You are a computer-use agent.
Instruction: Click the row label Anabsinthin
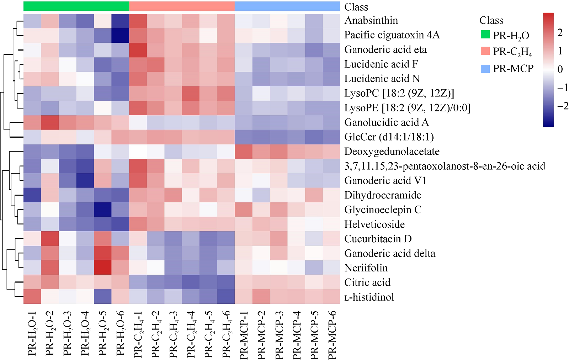coord(371,21)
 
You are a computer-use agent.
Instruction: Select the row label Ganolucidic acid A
coord(386,122)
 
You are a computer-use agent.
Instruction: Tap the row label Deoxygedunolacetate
coord(392,152)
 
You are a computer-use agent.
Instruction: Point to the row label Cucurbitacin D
coord(378,239)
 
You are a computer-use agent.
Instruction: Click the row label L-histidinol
coord(369,297)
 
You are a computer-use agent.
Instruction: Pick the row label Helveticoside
coord(374,224)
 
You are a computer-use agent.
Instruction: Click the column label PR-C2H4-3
coord(173,334)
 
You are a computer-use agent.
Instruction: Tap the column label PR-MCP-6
coord(332,335)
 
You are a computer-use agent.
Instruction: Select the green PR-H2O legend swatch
coord(485,35)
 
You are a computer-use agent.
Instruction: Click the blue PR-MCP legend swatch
coord(485,69)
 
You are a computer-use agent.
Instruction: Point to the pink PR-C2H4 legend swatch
coord(485,51)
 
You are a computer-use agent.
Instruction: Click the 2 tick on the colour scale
coord(560,33)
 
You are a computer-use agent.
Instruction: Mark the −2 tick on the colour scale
coord(562,106)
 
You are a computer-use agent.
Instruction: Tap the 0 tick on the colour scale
coord(560,69)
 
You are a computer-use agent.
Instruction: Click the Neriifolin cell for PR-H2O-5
coord(103,268)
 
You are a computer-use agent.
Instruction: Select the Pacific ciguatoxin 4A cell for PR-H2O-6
coord(120,35)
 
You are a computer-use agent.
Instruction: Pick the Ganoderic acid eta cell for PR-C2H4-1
coord(138,50)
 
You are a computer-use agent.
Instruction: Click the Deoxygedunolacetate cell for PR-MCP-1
coord(244,152)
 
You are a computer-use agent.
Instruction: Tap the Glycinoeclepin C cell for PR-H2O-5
coord(103,210)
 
